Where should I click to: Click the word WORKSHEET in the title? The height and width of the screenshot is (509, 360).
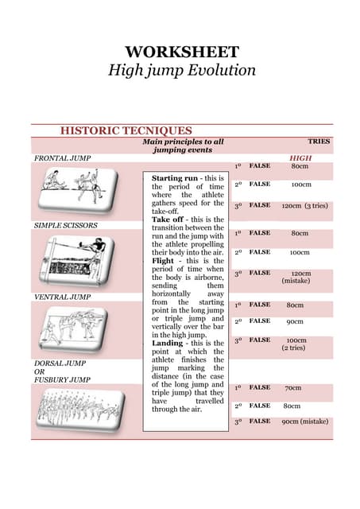[x=182, y=52]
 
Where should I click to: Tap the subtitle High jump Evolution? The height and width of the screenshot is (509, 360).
[x=182, y=70]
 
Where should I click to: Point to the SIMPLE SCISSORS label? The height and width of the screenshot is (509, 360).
[x=66, y=225]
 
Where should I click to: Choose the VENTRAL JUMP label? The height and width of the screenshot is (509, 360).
[x=62, y=297]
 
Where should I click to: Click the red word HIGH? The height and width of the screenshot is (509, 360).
[x=300, y=158]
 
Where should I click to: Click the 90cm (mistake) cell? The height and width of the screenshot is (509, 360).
[x=304, y=422]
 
